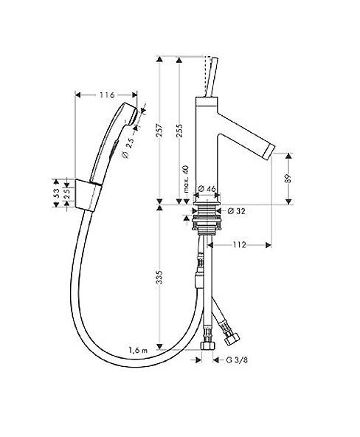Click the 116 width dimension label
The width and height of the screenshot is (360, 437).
pos(108,96)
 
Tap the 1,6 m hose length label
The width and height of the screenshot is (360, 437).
pos(139,349)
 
